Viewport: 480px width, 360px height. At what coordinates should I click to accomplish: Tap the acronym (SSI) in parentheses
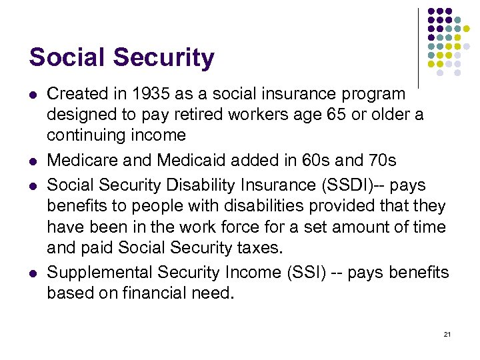pos(303,272)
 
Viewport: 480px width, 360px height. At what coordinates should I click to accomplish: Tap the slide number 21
pos(447,333)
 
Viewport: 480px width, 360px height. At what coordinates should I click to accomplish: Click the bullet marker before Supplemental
pos(33,273)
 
